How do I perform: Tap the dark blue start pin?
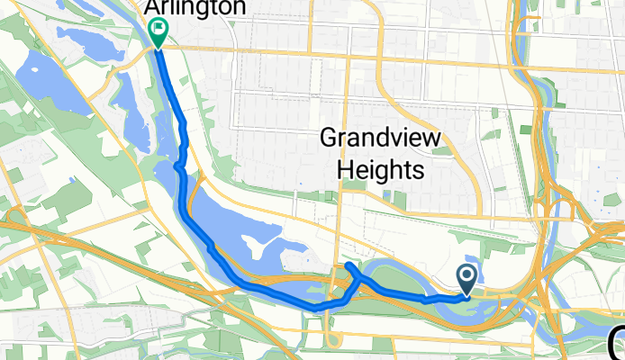[468, 278]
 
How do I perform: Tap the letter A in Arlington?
[152, 8]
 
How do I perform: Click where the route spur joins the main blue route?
[362, 280]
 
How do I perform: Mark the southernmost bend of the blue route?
[315, 308]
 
